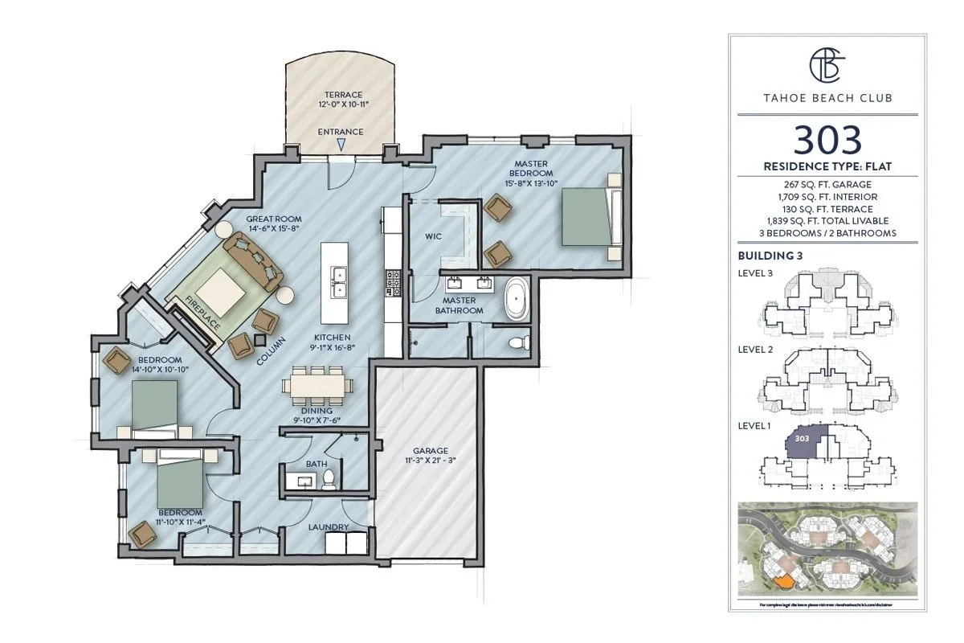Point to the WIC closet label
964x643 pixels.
(434, 237)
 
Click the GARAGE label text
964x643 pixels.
(431, 451)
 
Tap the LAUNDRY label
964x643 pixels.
(329, 527)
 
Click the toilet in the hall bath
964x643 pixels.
(328, 480)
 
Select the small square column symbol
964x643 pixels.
(259, 340)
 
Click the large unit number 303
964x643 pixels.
(827, 140)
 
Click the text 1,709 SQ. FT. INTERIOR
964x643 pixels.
(827, 196)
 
